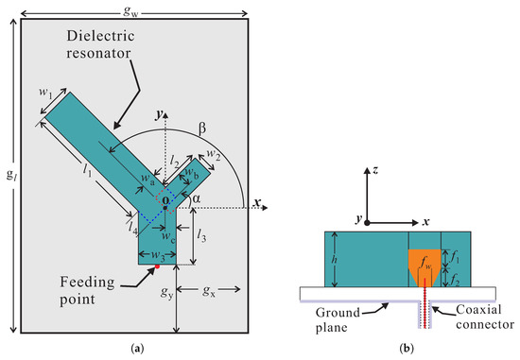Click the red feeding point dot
[x=158, y=266]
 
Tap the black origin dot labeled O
[x=165, y=208]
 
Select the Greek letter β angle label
[x=202, y=129]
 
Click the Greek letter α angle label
[x=197, y=198]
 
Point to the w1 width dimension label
[x=45, y=93]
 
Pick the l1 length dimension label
[x=87, y=170]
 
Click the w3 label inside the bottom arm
[x=158, y=255]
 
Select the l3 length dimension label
[x=201, y=235]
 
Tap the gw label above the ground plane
[x=131, y=12]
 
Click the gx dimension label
[x=209, y=291]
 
